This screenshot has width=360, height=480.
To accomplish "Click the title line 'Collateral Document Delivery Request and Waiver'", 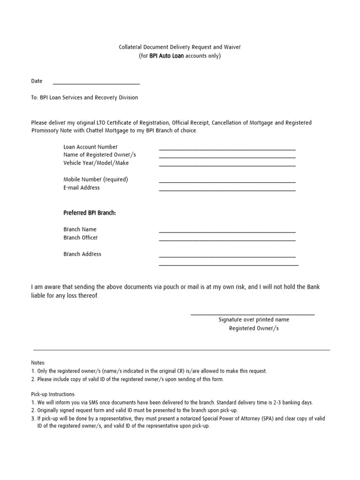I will point(180,47).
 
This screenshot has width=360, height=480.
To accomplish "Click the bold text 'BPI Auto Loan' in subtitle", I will point(166,56).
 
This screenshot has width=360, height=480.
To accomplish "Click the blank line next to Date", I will point(96,83).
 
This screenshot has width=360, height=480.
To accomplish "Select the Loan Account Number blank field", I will point(227,149).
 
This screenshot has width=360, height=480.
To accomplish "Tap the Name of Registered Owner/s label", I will point(99,155).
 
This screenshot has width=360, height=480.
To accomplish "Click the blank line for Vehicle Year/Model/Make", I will point(227,165).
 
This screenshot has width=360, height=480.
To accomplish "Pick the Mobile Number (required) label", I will point(96,179).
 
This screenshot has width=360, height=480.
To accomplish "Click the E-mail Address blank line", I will point(227,190).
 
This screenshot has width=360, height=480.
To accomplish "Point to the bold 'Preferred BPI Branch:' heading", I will point(90,213).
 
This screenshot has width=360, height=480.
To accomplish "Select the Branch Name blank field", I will point(227,232).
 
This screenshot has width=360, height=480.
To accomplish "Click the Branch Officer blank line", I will point(227,240).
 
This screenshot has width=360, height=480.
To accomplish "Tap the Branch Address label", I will point(82,254).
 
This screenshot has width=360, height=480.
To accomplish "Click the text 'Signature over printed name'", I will point(254,320).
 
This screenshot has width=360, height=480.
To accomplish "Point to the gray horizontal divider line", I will point(181,350).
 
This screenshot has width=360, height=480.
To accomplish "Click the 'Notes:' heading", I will point(38,363).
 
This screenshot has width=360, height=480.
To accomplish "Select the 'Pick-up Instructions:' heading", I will point(53,394).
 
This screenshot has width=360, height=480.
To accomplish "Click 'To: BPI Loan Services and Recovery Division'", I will point(85,97).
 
